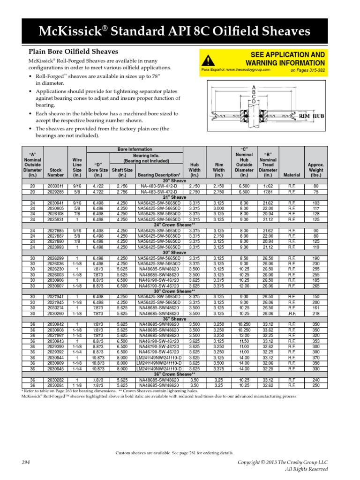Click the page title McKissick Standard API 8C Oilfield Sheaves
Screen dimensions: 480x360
[x=180, y=31]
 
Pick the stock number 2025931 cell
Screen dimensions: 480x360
[x=56, y=219]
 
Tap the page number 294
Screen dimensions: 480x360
[x=26, y=462]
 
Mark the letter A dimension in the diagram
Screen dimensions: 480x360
[x=254, y=88]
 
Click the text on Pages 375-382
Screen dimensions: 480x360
[x=307, y=70]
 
